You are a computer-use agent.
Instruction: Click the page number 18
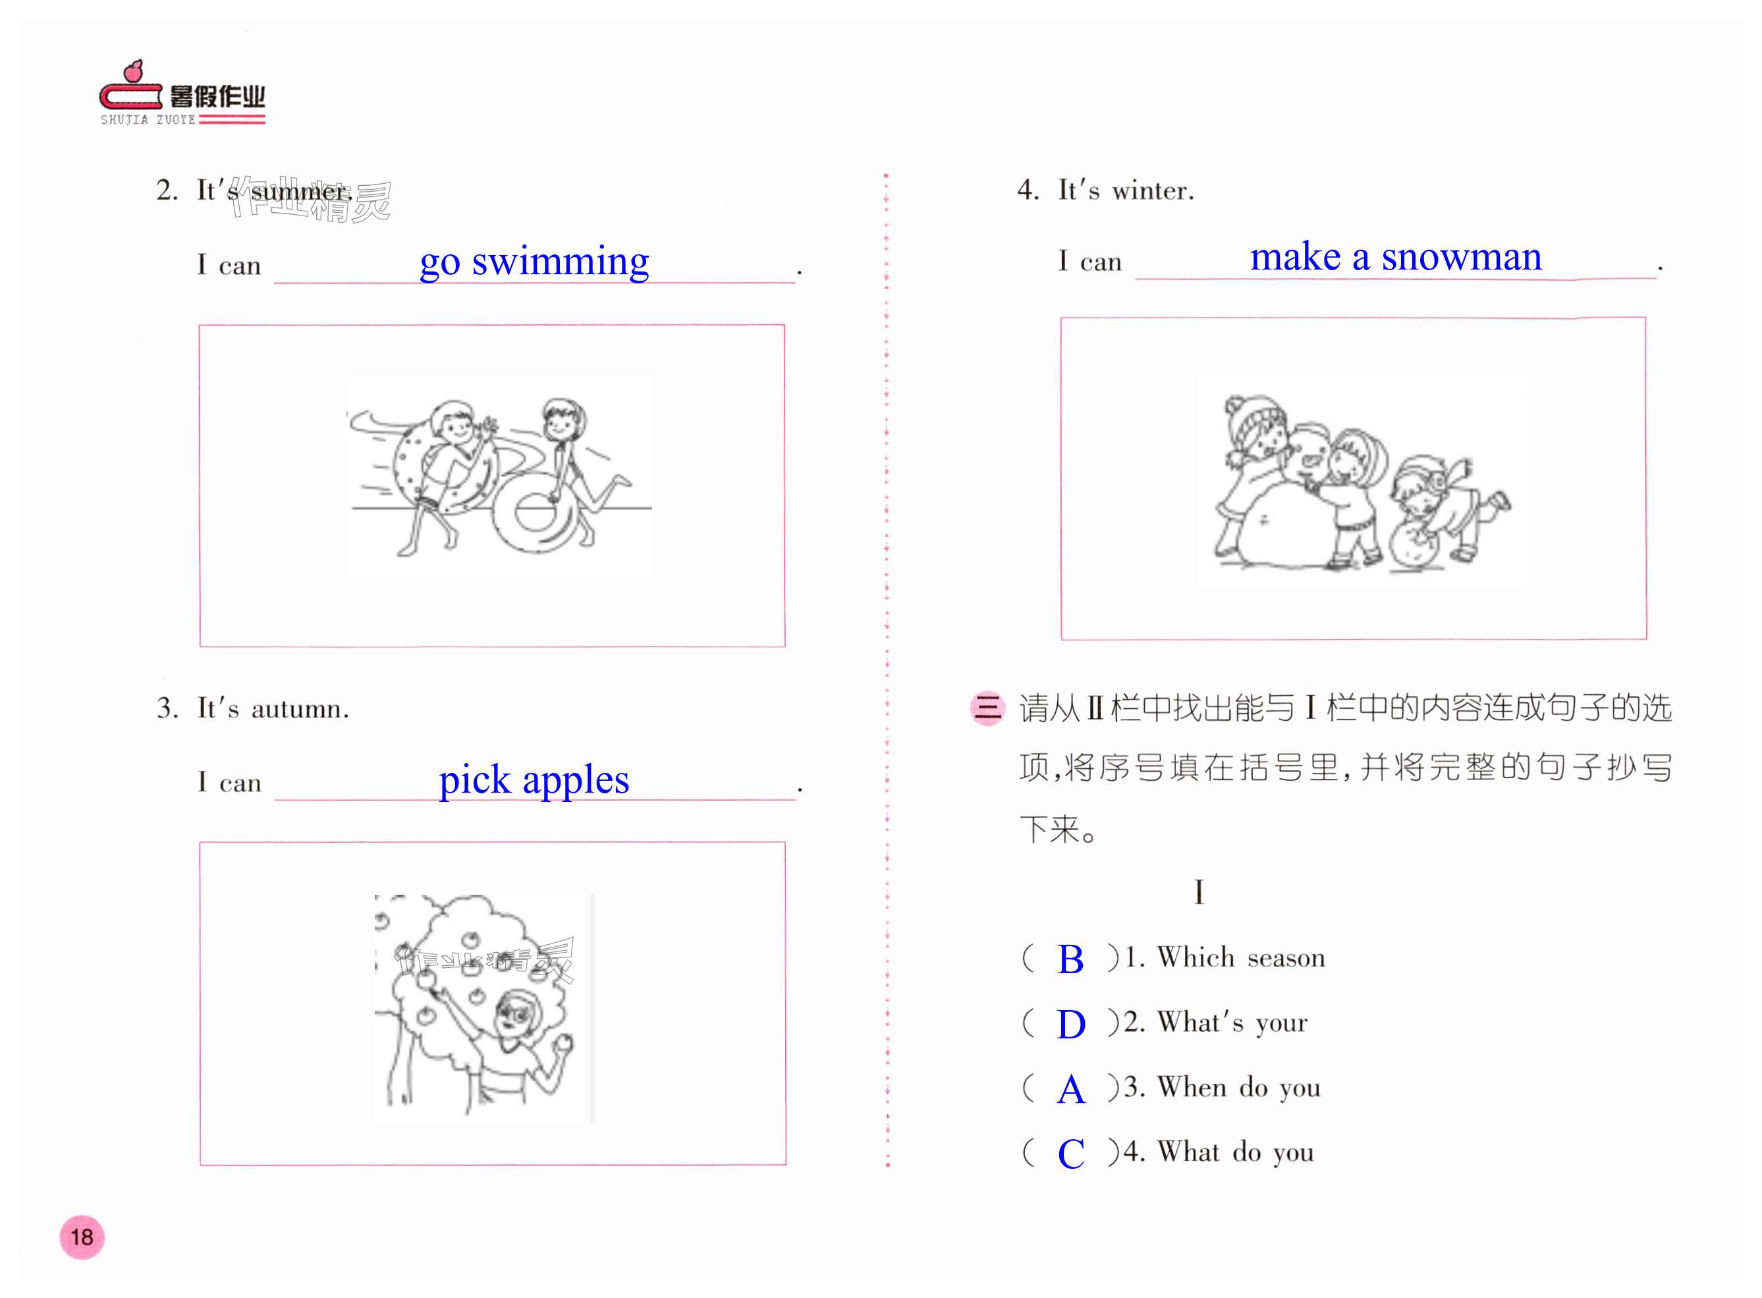point(82,1237)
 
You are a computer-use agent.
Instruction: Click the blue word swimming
point(560,262)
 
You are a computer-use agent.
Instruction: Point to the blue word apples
point(576,781)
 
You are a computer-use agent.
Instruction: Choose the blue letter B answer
point(1070,959)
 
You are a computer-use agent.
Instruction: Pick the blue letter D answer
point(1071,1025)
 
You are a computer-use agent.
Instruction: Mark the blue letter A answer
point(1072,1090)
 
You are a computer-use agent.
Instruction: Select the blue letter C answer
point(1071,1154)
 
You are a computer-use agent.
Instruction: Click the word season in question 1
point(1286,959)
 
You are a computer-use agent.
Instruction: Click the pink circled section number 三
point(987,708)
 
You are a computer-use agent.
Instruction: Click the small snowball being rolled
point(1414,546)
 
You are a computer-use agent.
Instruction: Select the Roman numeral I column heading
point(1199,891)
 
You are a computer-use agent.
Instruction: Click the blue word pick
point(474,781)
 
